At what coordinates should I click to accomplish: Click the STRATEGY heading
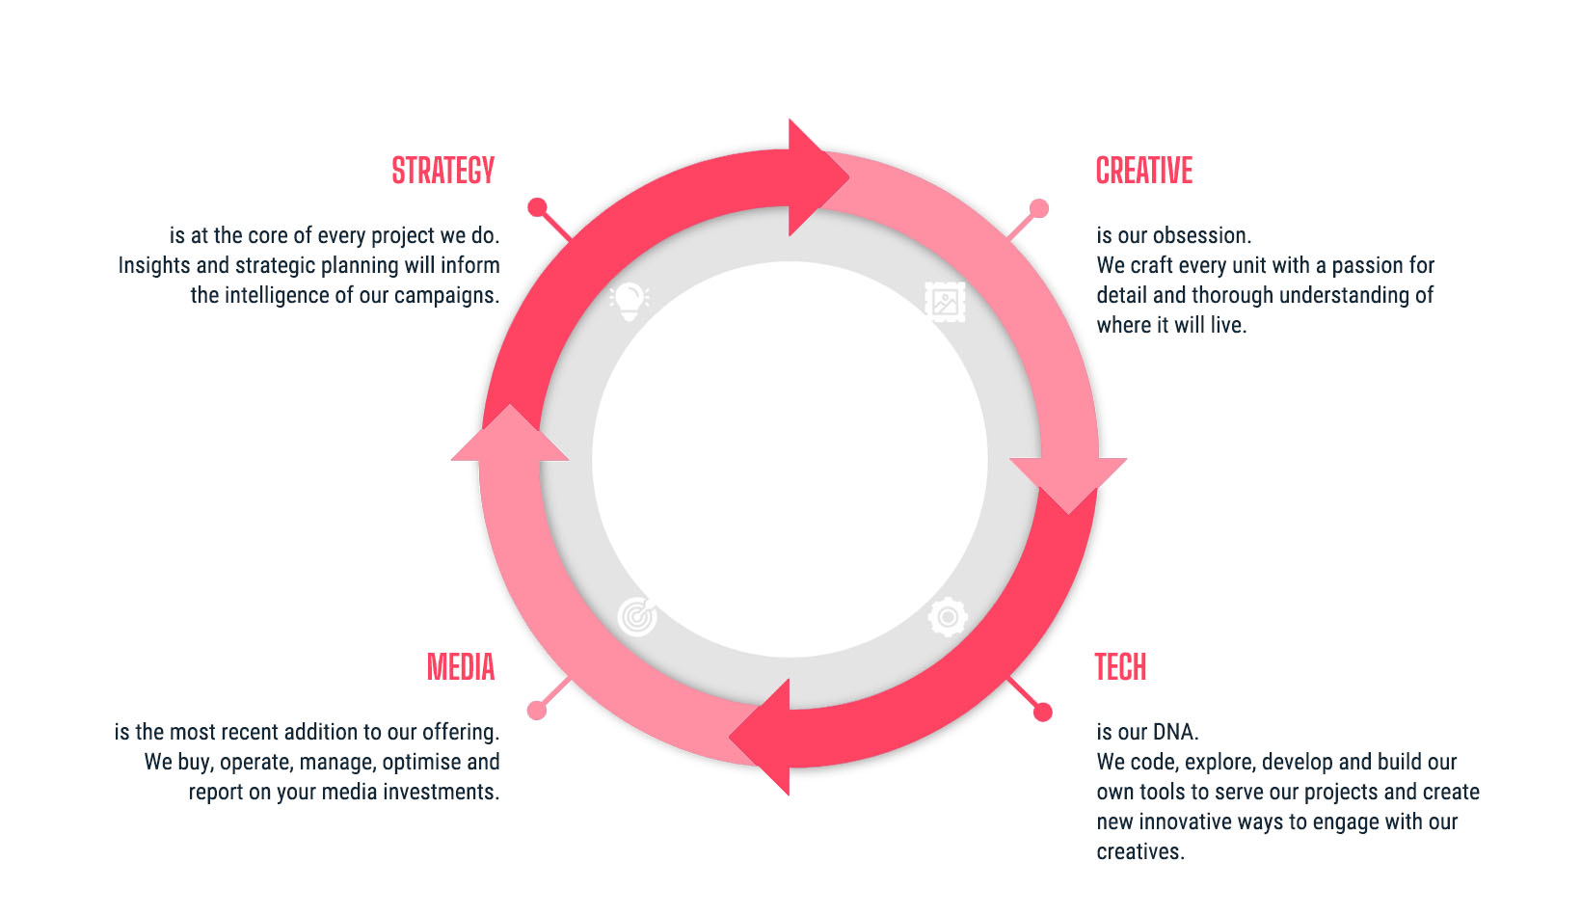point(442,171)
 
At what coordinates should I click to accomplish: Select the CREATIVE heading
point(1144,171)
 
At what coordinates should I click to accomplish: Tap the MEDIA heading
point(461,667)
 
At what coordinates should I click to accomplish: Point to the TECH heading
point(1120,667)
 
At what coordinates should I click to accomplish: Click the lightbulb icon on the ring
point(629,301)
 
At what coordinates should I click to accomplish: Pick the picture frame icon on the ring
point(945,302)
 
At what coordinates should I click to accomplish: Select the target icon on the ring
point(637,616)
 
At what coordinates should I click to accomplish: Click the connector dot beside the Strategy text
point(538,207)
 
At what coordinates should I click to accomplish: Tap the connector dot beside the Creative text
point(1039,208)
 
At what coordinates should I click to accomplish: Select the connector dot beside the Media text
point(537,711)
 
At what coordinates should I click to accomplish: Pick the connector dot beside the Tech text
point(1042,713)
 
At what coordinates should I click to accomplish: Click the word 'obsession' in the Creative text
point(1200,235)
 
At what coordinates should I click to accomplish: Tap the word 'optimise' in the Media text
point(421,762)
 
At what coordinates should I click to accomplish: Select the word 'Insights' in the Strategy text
point(154,265)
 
